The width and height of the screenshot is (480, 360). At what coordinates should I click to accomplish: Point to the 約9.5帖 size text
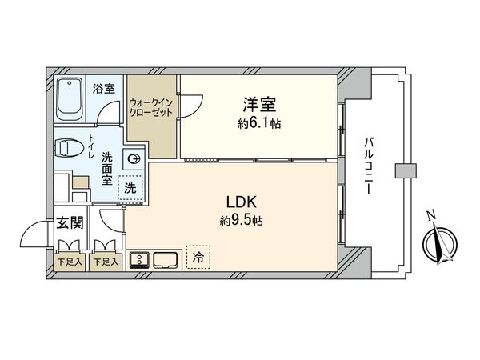[x=242, y=221]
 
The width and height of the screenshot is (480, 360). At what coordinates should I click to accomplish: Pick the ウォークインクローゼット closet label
[x=150, y=108]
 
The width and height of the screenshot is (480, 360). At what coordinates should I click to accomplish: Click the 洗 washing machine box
[x=129, y=189]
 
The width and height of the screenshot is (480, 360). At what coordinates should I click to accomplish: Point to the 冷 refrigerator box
[x=198, y=257]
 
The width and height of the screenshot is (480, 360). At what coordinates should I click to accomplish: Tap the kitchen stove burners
[x=140, y=259]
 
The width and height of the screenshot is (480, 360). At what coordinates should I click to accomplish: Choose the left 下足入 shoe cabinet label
[x=69, y=262]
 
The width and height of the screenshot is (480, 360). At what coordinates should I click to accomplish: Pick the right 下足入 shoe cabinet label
[x=105, y=262]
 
